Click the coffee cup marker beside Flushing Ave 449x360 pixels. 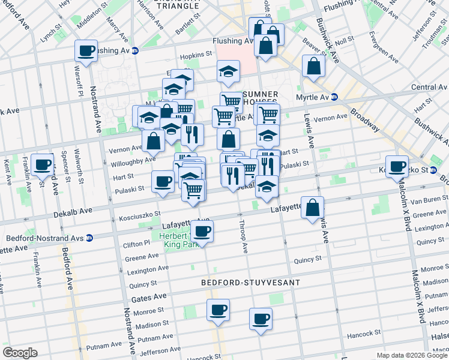tap(86, 50)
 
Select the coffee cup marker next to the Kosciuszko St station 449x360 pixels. tap(397, 166)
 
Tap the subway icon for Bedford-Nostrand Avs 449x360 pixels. tap(89, 238)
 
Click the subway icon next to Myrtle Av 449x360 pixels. tap(334, 97)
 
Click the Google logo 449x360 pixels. tap(20, 353)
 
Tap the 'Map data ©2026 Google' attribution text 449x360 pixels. tap(412, 355)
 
